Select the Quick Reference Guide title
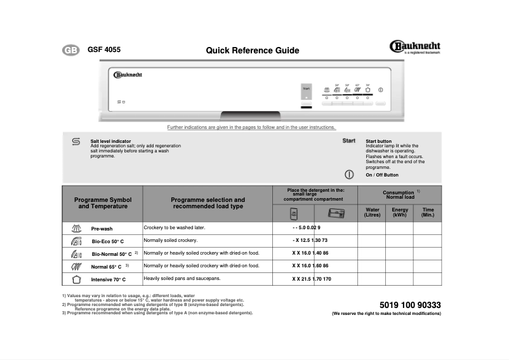[x=252, y=51]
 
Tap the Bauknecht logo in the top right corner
[x=414, y=47]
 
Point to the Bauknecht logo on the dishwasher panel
[x=128, y=75]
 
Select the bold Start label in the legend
[x=348, y=140]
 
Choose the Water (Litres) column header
[x=371, y=213]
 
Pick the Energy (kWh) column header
[x=400, y=213]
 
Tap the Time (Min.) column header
[x=428, y=213]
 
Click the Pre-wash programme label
[x=102, y=229]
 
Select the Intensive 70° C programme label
[x=109, y=279]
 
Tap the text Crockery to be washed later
[x=175, y=227]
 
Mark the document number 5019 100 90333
[x=410, y=305]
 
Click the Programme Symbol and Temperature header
[x=103, y=203]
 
